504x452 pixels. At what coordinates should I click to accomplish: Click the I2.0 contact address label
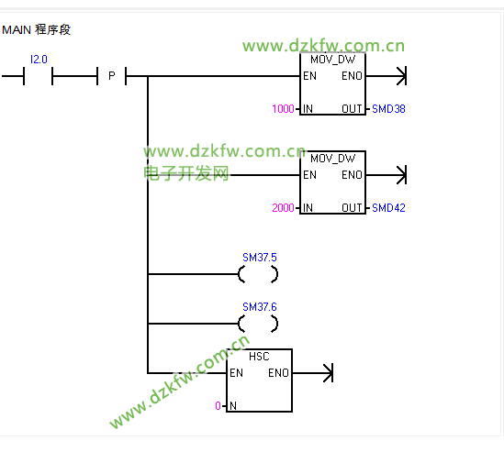coord(39,60)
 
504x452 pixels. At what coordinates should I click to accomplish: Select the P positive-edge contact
coord(111,76)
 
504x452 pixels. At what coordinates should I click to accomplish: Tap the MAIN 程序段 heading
coord(37,30)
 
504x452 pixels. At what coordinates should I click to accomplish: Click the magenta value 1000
coord(283,109)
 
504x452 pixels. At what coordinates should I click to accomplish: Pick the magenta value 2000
coord(283,208)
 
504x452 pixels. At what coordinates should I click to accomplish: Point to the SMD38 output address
coord(388,109)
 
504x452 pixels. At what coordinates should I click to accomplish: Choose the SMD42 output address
coord(388,208)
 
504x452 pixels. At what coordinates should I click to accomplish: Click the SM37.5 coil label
coord(260,257)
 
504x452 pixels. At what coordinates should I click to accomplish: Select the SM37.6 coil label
coord(260,307)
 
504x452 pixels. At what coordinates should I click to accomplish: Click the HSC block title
coord(259,357)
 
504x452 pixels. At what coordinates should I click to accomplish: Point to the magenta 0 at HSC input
coord(218,406)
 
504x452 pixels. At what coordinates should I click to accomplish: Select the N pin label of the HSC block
coord(233,406)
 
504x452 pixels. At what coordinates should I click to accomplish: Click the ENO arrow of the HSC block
coord(313,373)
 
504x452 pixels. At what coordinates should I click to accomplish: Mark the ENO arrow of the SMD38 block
coord(386,76)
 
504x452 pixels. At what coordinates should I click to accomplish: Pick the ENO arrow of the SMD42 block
coord(386,175)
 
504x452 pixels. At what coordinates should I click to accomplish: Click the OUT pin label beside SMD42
coord(352,208)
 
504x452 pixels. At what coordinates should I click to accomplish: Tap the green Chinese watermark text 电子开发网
coord(185,173)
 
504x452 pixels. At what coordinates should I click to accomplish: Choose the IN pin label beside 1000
coord(308,109)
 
